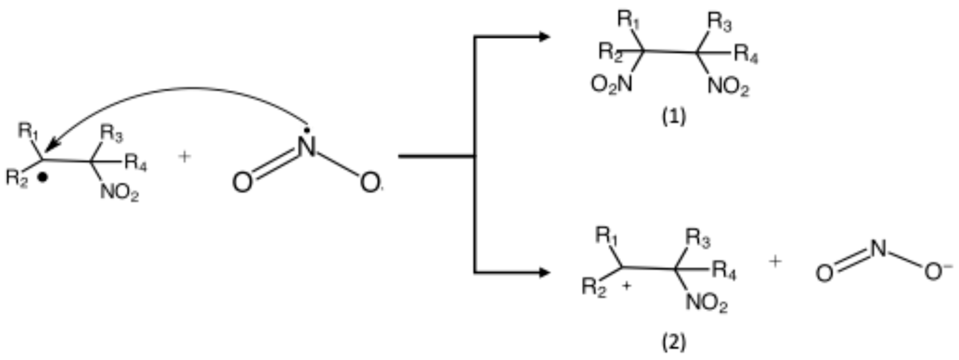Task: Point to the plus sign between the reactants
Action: (x=184, y=157)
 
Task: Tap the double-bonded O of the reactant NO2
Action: (x=242, y=183)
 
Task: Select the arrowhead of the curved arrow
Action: (x=51, y=146)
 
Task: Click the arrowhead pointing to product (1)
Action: (x=544, y=37)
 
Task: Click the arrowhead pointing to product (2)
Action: (x=544, y=273)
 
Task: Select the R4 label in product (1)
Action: (x=746, y=56)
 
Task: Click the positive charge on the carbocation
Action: (x=627, y=286)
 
